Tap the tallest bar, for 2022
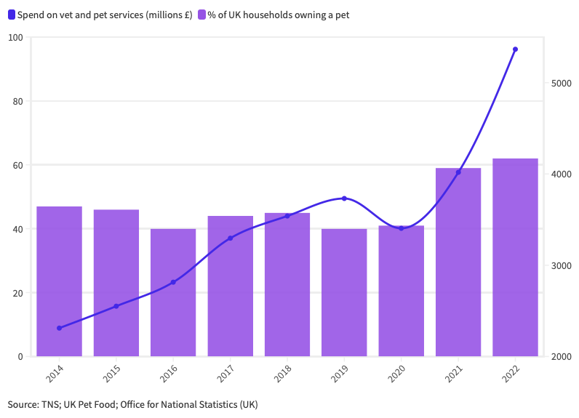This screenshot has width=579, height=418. (x=515, y=257)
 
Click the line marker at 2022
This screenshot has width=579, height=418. (x=515, y=49)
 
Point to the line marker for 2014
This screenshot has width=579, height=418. (x=59, y=328)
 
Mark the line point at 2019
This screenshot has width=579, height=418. (x=344, y=198)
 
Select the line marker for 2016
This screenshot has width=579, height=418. (x=173, y=282)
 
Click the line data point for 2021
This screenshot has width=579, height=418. (x=458, y=172)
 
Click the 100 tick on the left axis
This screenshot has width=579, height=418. (x=16, y=38)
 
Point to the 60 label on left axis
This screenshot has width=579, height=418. (x=18, y=166)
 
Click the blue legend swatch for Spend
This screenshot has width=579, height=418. (x=12, y=15)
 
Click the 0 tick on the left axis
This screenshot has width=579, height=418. (x=21, y=357)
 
